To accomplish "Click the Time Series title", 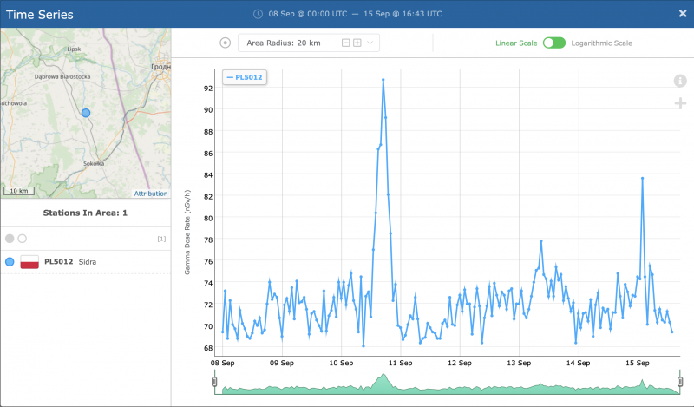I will pyautogui.click(x=39, y=15).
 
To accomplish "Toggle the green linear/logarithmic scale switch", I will pyautogui.click(x=553, y=43).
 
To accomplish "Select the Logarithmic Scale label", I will pyautogui.click(x=601, y=43).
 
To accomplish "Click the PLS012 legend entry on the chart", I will pyautogui.click(x=244, y=77).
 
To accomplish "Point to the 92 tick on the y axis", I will pyautogui.click(x=208, y=88).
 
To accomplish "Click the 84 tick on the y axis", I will pyautogui.click(x=208, y=174).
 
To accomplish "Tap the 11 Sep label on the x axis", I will pyautogui.click(x=399, y=362).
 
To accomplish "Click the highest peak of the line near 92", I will pyautogui.click(x=383, y=80).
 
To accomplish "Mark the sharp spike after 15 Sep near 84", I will pyautogui.click(x=642, y=178).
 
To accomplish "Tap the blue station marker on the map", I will pyautogui.click(x=85, y=113).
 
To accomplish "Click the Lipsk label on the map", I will pyautogui.click(x=73, y=49).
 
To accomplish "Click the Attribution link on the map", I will pyautogui.click(x=150, y=194).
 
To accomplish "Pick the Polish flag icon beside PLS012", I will pyautogui.click(x=29, y=261).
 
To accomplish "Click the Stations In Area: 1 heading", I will pyautogui.click(x=85, y=213).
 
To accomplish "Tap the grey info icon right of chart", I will pyautogui.click(x=680, y=81).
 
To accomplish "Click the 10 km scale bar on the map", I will pyautogui.click(x=19, y=191).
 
